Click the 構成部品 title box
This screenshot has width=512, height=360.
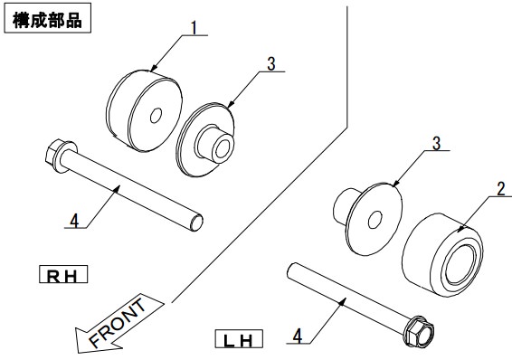pyautogui.click(x=47, y=18)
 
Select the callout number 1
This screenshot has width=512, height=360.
pyautogui.click(x=194, y=27)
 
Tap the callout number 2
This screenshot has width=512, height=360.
pyautogui.click(x=500, y=189)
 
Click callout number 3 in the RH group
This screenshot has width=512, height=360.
pyautogui.click(x=271, y=64)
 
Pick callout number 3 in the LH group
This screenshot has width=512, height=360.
pyautogui.click(x=436, y=143)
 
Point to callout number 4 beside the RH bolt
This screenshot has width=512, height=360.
pyautogui.click(x=74, y=221)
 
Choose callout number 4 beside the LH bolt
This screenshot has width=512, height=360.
pyautogui.click(x=297, y=336)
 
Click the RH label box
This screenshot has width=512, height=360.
pyautogui.click(x=63, y=274)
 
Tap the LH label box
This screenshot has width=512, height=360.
pyautogui.click(x=239, y=339)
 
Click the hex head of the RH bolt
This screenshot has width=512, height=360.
pyautogui.click(x=52, y=156)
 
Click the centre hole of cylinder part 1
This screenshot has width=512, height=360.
pyautogui.click(x=156, y=116)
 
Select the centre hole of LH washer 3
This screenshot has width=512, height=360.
pyautogui.click(x=375, y=220)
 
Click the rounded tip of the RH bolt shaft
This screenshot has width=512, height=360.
pyautogui.click(x=196, y=223)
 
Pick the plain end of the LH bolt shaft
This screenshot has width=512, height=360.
pyautogui.click(x=291, y=270)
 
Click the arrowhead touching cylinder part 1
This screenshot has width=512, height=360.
pyautogui.click(x=154, y=67)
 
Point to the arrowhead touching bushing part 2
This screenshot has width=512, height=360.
pyautogui.click(x=460, y=228)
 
